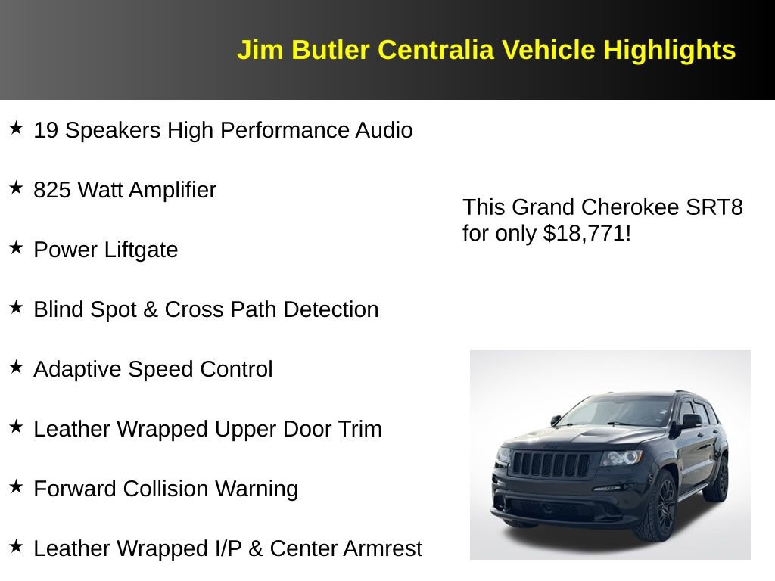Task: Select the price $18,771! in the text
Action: click(x=587, y=234)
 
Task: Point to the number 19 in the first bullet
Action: click(x=45, y=131)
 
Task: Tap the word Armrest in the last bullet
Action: click(x=383, y=549)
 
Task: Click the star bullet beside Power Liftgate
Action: click(x=16, y=247)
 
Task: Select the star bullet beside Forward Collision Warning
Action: click(x=16, y=486)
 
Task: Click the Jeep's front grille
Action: click(x=551, y=464)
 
